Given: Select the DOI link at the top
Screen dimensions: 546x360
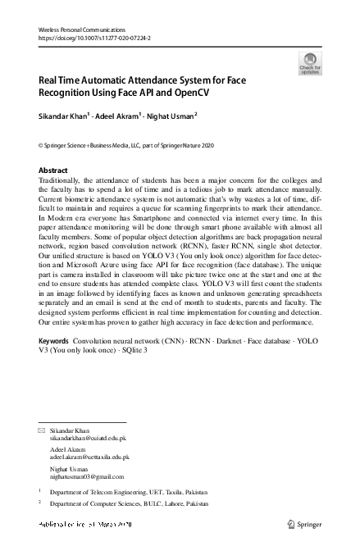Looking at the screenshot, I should (94, 38).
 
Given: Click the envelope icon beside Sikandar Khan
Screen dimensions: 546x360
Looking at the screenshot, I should (42, 430).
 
